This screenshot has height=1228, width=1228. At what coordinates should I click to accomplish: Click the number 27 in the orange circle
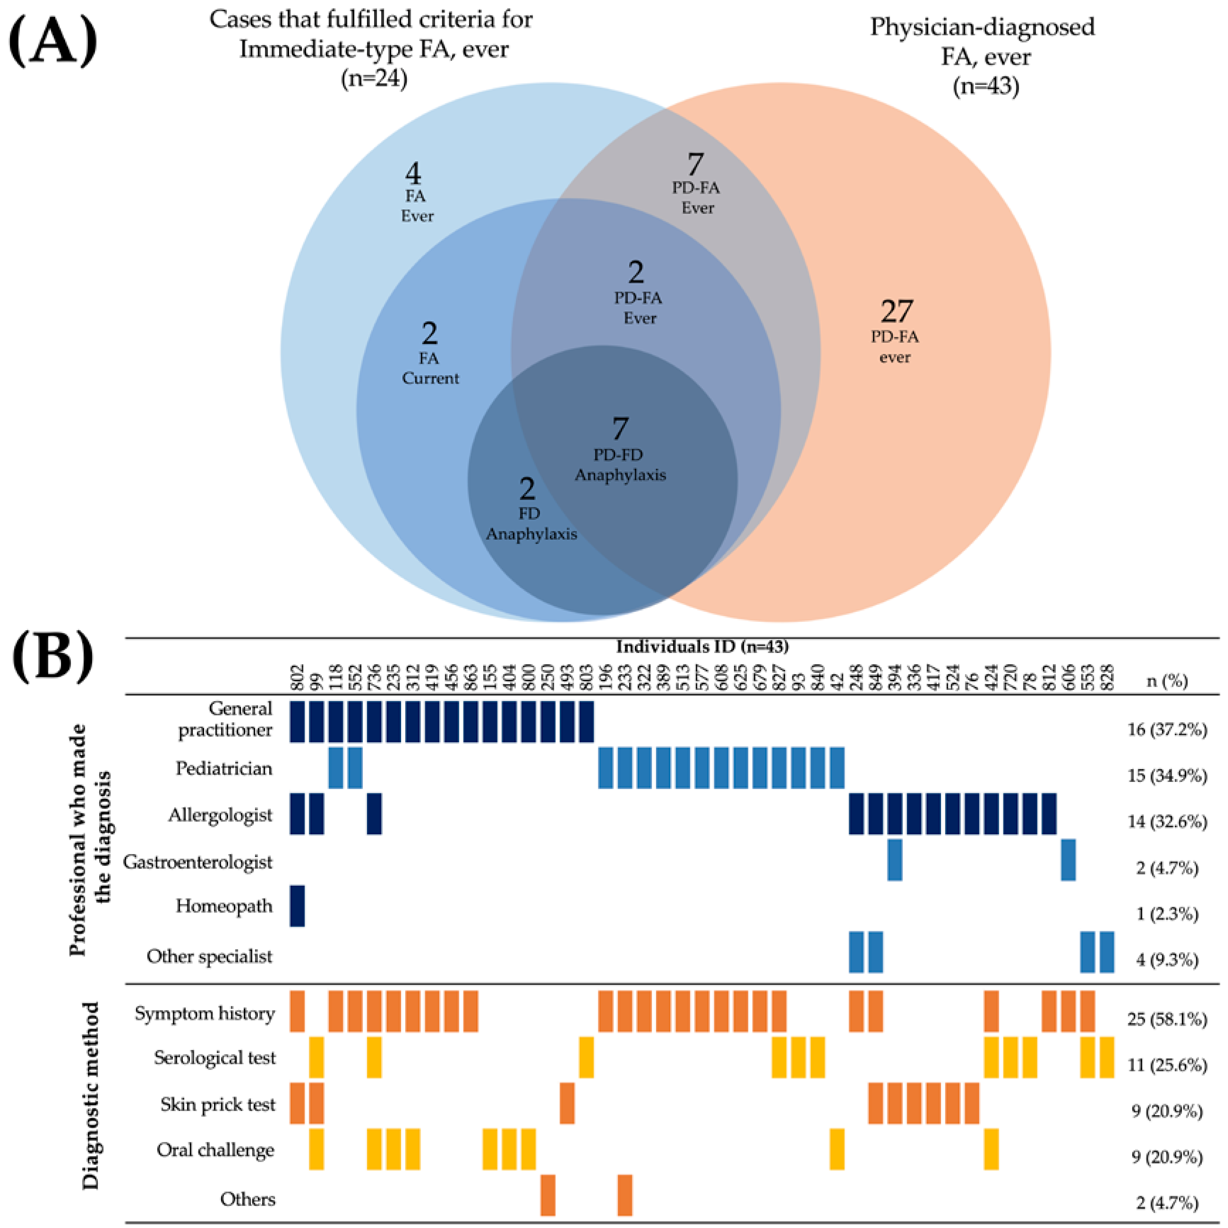pyautogui.click(x=896, y=311)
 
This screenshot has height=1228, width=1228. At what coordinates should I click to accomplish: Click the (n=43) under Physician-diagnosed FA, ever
pyautogui.click(x=985, y=85)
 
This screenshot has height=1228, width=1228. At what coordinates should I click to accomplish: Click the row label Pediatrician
pyautogui.click(x=224, y=769)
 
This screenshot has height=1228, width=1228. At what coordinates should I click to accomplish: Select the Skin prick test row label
pyautogui.click(x=218, y=1105)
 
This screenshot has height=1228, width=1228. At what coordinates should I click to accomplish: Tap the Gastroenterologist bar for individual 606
pyautogui.click(x=1069, y=860)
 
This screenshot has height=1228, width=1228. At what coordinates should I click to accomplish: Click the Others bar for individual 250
pyautogui.click(x=548, y=1195)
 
